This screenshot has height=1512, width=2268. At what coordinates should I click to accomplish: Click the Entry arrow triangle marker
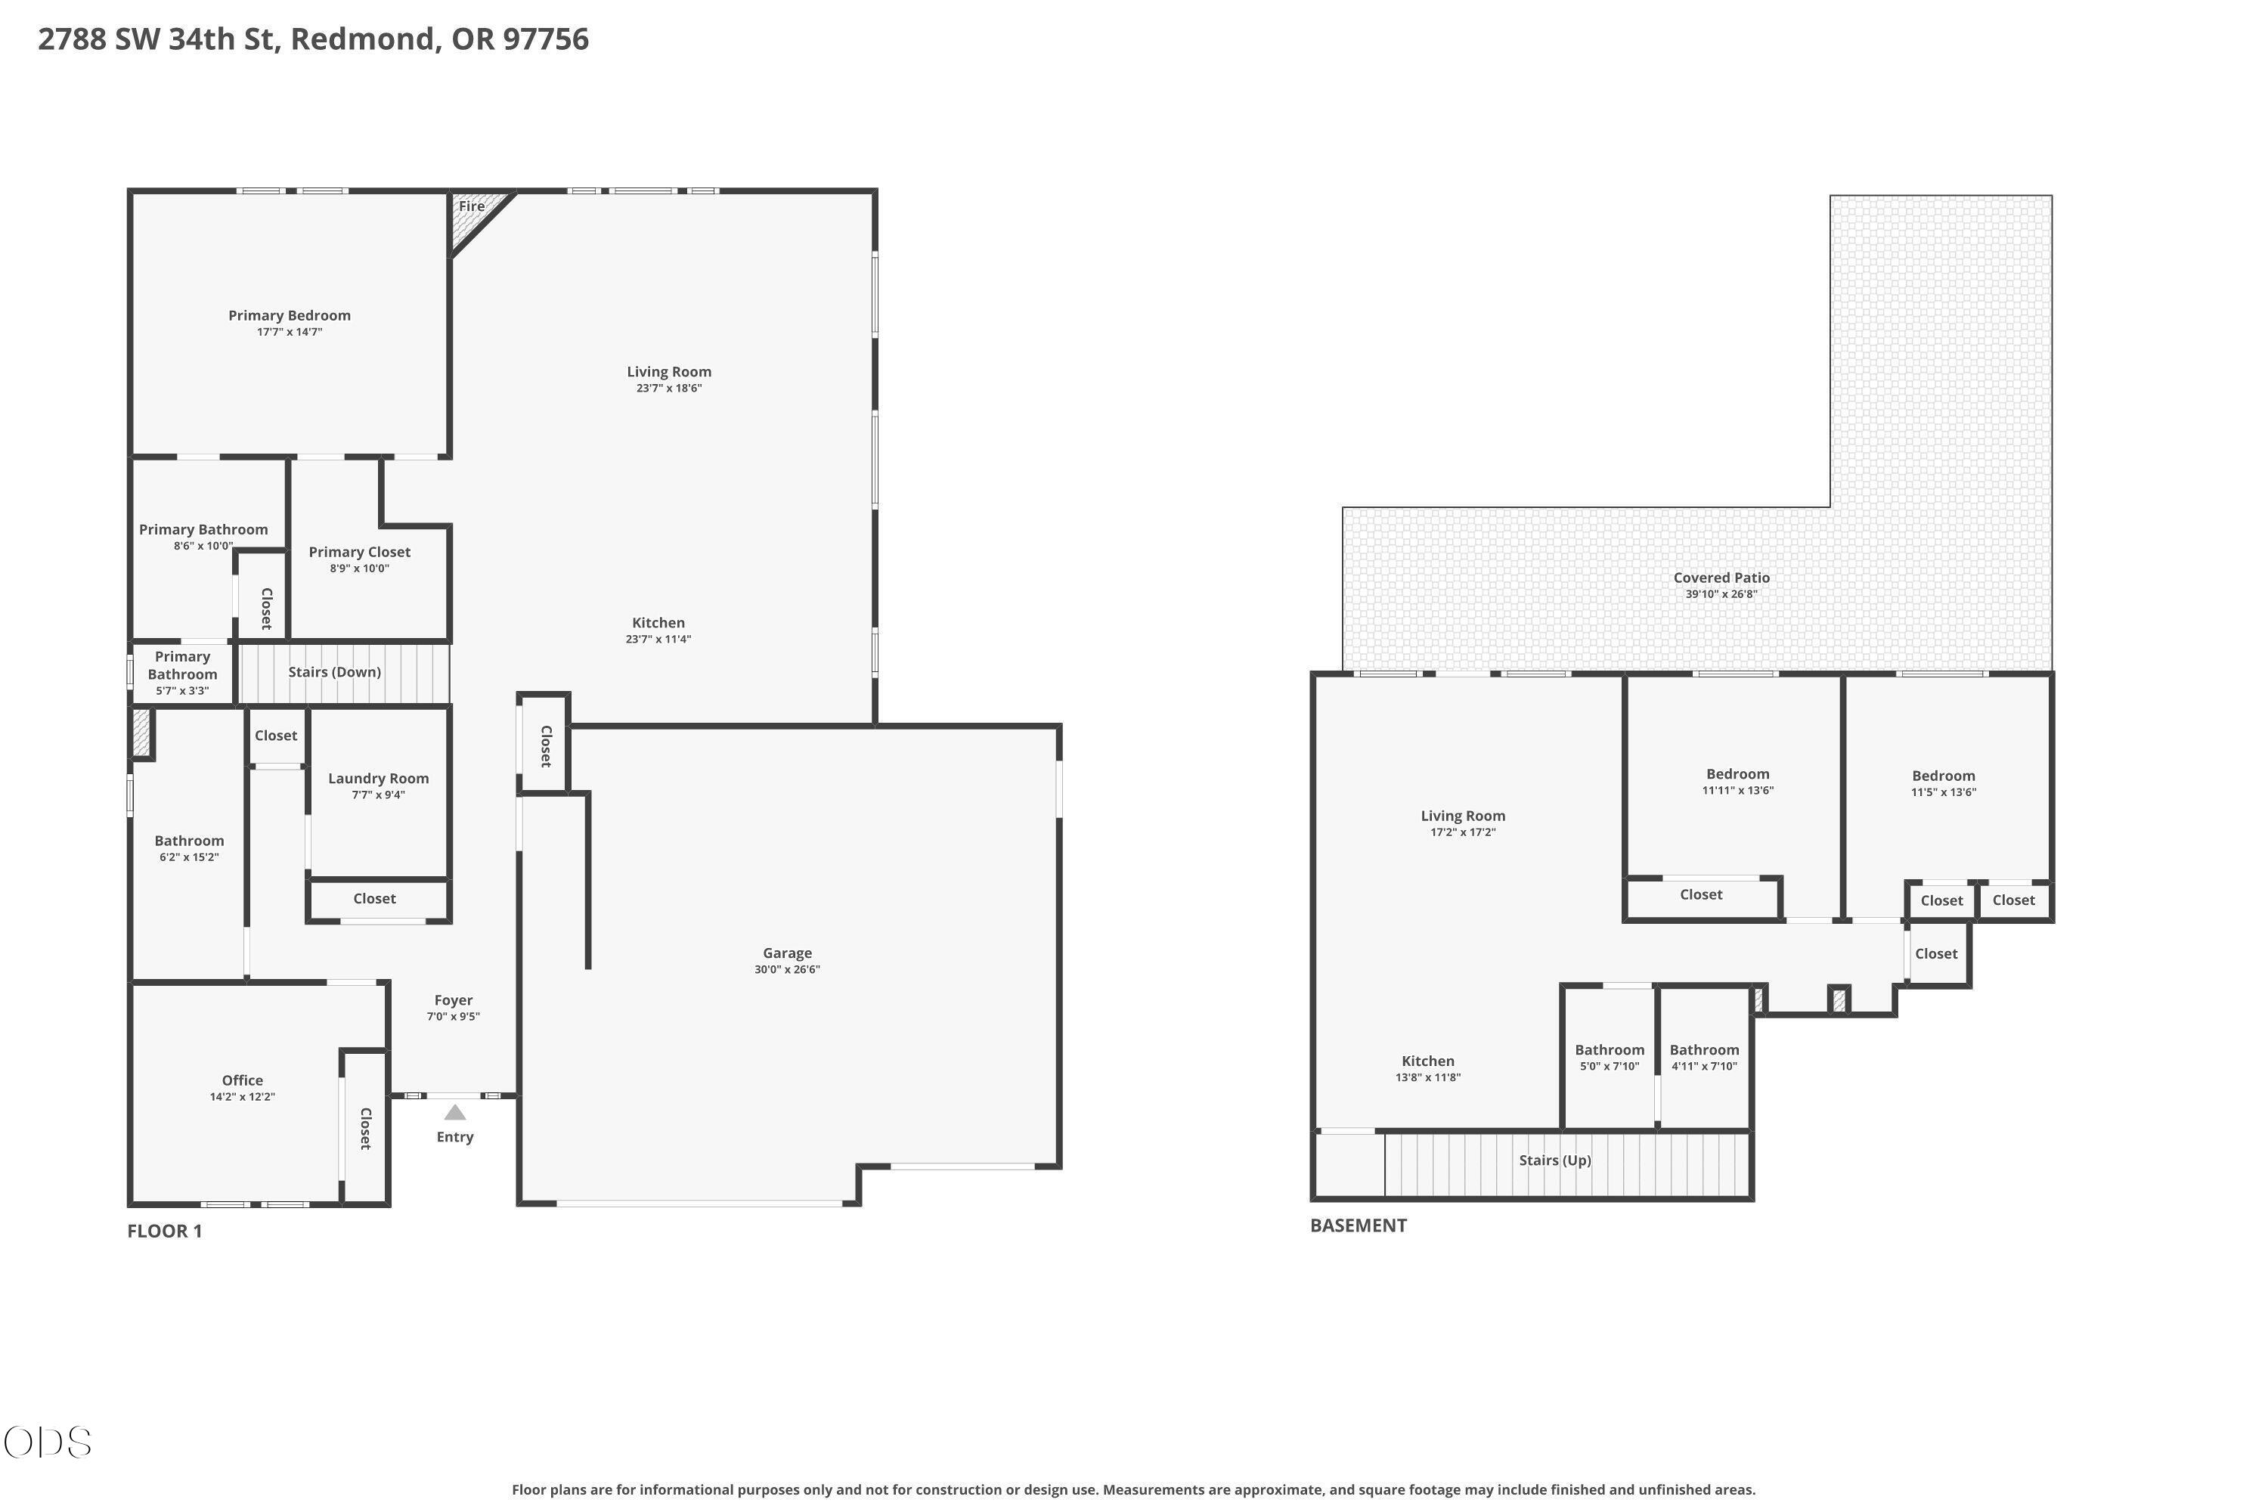pos(454,1113)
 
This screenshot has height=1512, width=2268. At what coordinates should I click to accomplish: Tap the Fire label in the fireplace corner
pos(472,206)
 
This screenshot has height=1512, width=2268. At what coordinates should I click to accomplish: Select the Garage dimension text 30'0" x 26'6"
pos(787,969)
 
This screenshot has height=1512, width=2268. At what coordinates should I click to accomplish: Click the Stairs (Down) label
pos(335,672)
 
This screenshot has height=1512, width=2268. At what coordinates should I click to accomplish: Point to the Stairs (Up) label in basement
pos(1554,1160)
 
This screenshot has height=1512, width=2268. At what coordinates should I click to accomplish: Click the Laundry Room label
pos(378,778)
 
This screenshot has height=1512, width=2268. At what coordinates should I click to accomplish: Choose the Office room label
pos(242,1080)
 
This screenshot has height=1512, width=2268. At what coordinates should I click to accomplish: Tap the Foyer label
pos(453,1000)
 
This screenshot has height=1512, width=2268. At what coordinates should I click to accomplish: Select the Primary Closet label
pos(360,552)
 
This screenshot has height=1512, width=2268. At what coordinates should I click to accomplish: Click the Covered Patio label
pos(1721,578)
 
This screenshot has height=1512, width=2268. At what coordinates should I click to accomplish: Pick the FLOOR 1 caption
pos(165,1231)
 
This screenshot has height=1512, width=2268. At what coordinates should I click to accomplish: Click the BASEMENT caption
pos(1358,1225)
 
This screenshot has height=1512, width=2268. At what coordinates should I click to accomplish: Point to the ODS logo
pos(47,1442)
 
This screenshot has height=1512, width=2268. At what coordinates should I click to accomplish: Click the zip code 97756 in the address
pos(546,39)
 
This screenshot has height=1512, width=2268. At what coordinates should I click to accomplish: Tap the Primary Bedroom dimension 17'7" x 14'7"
pos(290,332)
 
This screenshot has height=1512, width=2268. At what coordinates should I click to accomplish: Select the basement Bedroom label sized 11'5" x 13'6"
pos(1943,776)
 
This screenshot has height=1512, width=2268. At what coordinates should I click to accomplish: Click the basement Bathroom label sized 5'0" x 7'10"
pos(1610,1050)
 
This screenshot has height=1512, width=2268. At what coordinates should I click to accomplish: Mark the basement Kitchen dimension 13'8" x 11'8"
pos(1427,1077)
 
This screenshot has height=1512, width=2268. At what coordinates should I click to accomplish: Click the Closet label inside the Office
pos(365,1128)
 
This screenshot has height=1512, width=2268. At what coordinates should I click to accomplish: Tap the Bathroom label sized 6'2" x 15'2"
pos(189,841)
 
